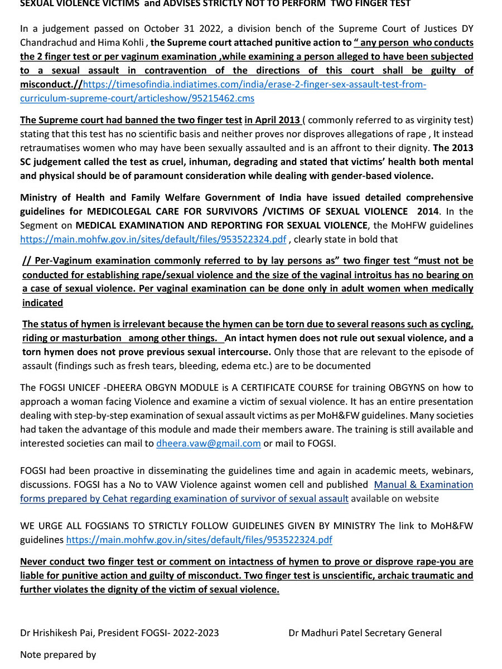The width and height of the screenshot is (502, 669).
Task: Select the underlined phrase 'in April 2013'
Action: coord(273,120)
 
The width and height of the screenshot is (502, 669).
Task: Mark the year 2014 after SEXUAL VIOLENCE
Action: coord(428,211)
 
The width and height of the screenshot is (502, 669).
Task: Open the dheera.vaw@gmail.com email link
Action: coord(209,443)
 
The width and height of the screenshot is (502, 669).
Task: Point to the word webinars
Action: coord(447,471)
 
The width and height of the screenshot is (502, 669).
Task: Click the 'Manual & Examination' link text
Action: coord(423,484)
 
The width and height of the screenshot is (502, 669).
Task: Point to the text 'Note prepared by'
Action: coord(58,655)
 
